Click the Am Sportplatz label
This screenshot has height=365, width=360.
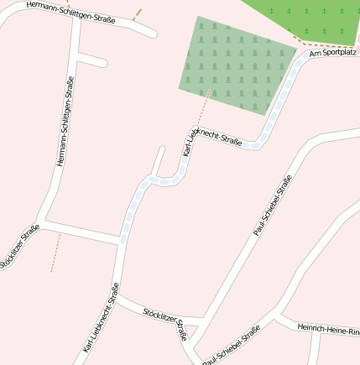[x=333, y=53]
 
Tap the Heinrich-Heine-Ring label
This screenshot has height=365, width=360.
[x=327, y=329]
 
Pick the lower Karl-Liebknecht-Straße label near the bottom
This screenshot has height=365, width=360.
[x=101, y=318]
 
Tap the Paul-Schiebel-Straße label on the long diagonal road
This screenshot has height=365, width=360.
[x=272, y=205]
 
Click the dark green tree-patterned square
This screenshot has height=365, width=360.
[x=236, y=64]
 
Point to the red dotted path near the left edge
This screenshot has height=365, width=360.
[x=55, y=253]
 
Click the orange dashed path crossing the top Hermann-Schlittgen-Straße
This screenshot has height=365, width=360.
[x=136, y=15]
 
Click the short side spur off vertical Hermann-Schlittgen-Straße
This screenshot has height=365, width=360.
[x=91, y=60]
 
